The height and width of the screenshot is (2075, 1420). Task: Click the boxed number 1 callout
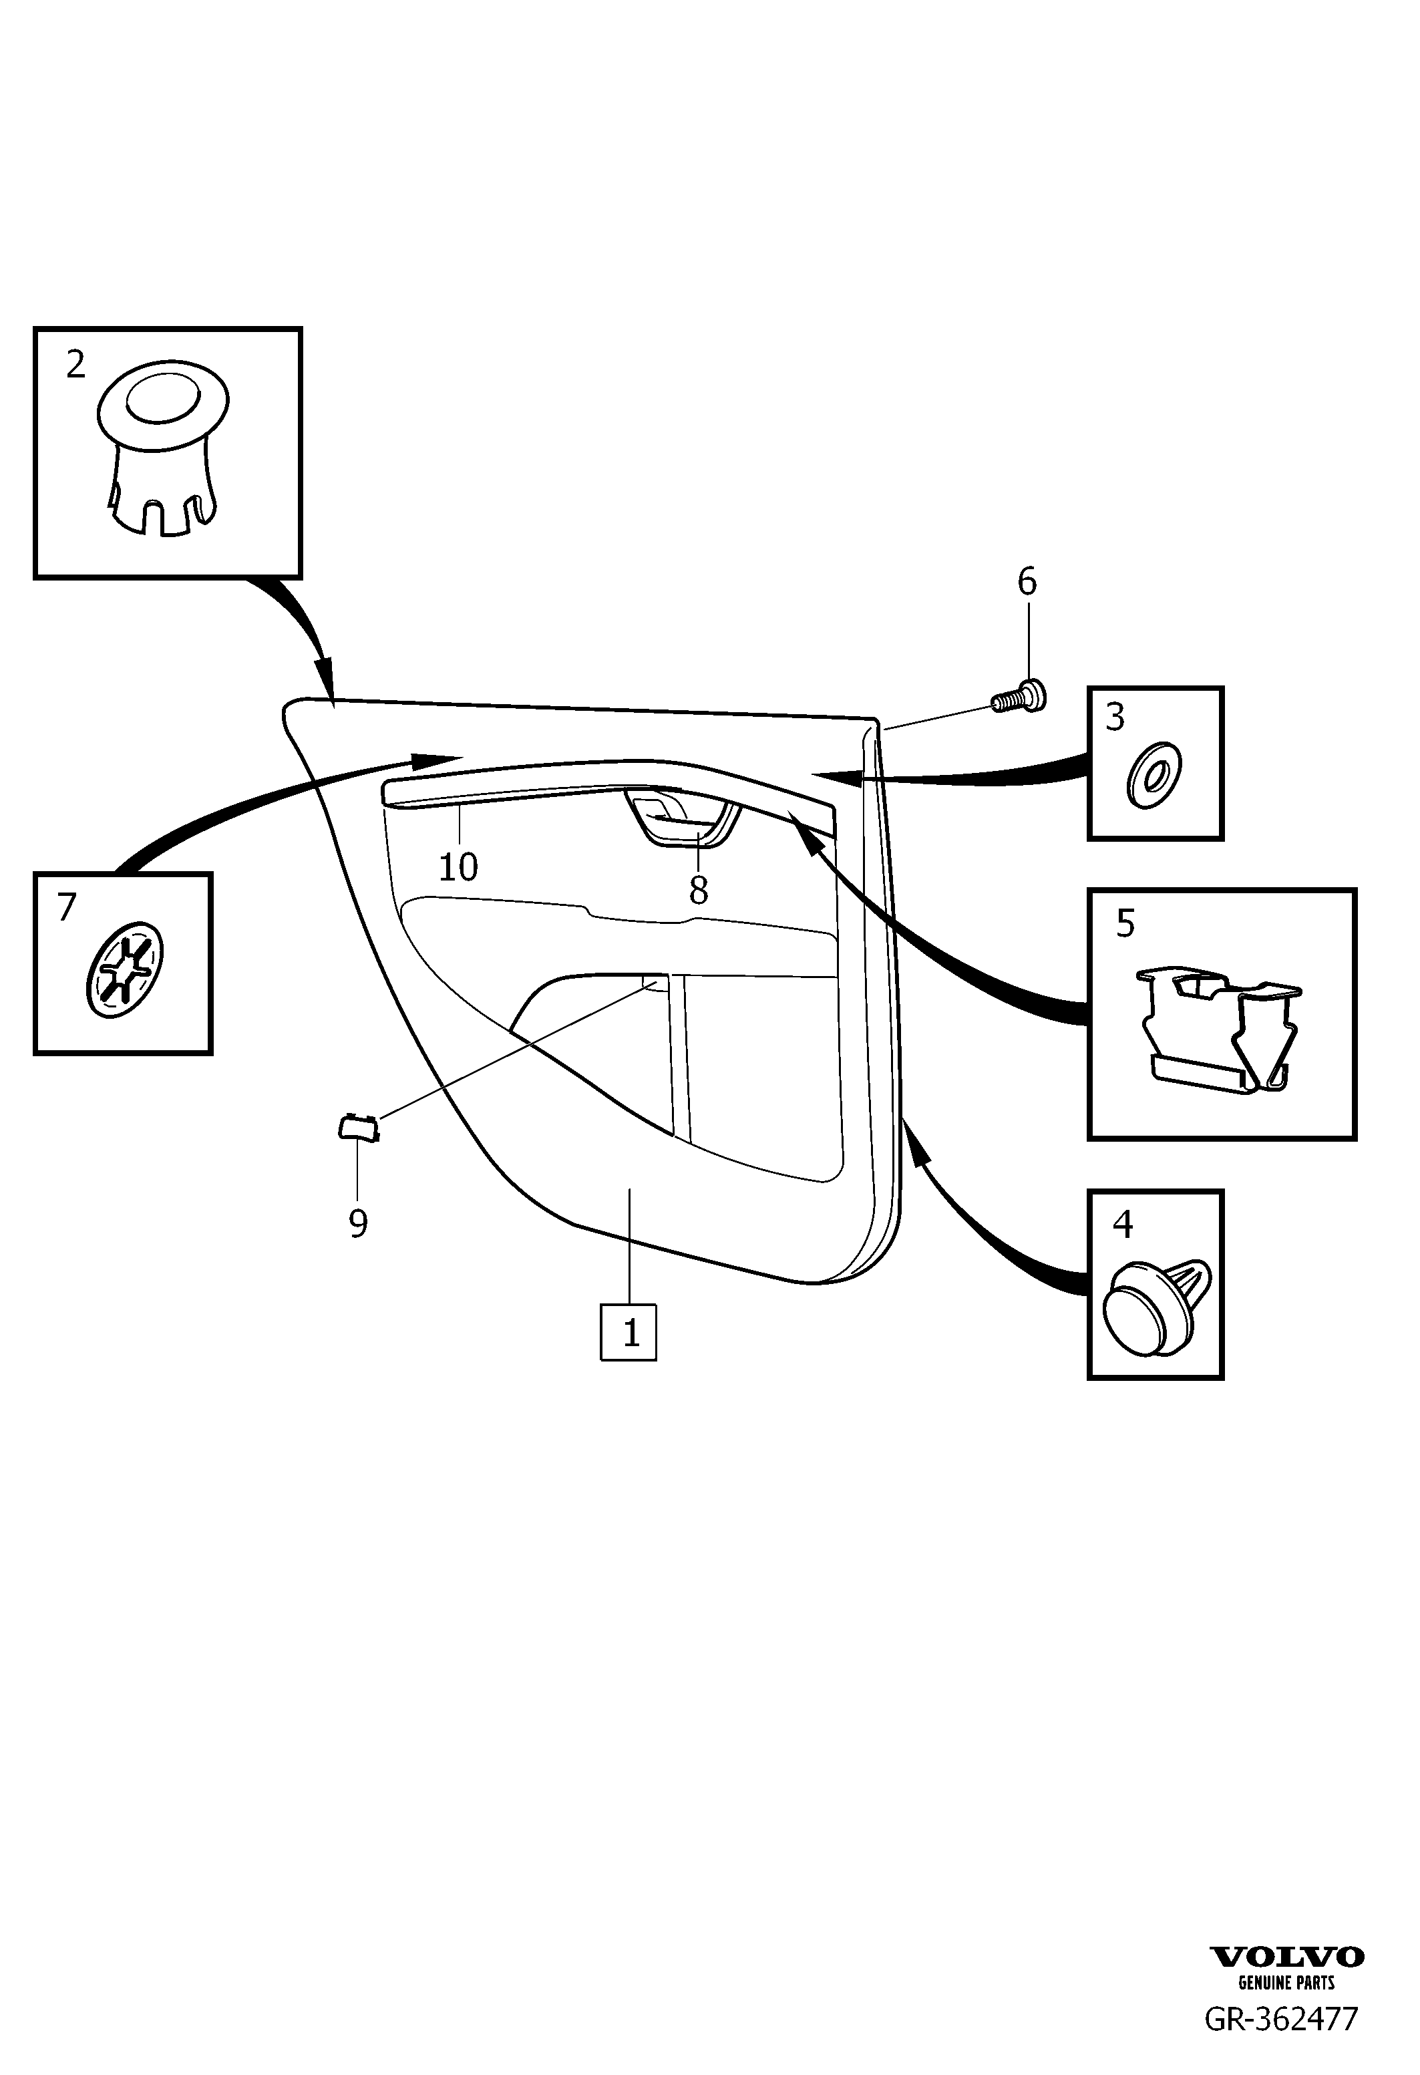[x=629, y=1333]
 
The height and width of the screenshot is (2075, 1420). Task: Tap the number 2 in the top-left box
[x=76, y=364]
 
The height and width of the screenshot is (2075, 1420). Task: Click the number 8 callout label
[x=698, y=890]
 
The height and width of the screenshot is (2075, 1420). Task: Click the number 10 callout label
[x=458, y=867]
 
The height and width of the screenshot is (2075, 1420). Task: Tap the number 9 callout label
[x=358, y=1223]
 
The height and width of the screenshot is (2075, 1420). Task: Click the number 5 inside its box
[x=1125, y=924]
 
